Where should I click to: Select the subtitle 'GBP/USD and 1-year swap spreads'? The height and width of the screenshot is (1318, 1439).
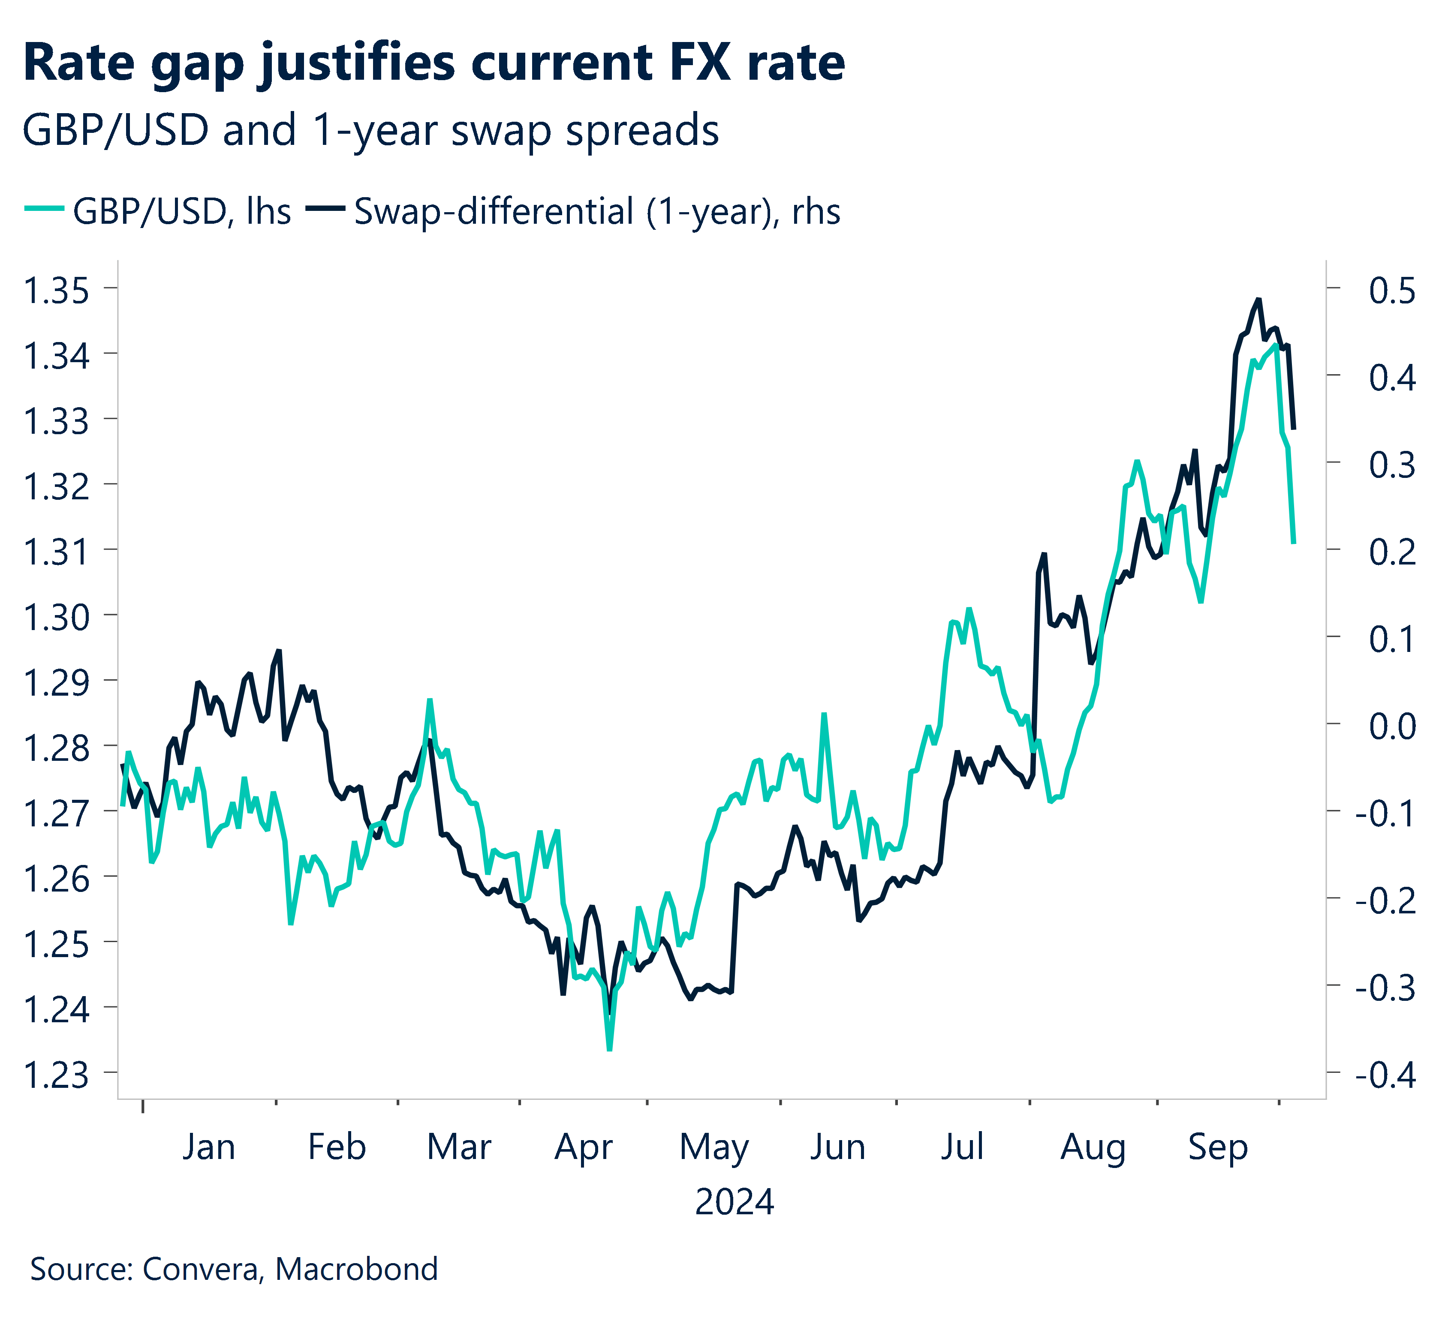click(x=370, y=131)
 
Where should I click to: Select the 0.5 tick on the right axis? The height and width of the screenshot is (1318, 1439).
click(x=1391, y=291)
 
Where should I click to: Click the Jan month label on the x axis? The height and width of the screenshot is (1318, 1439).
click(x=208, y=1147)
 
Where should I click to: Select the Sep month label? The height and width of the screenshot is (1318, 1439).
click(x=1218, y=1147)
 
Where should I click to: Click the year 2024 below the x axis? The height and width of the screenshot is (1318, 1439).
click(x=734, y=1202)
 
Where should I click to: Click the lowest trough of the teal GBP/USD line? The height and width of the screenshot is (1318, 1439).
click(x=609, y=1049)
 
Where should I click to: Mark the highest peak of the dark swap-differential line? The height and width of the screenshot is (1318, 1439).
click(x=1259, y=299)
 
